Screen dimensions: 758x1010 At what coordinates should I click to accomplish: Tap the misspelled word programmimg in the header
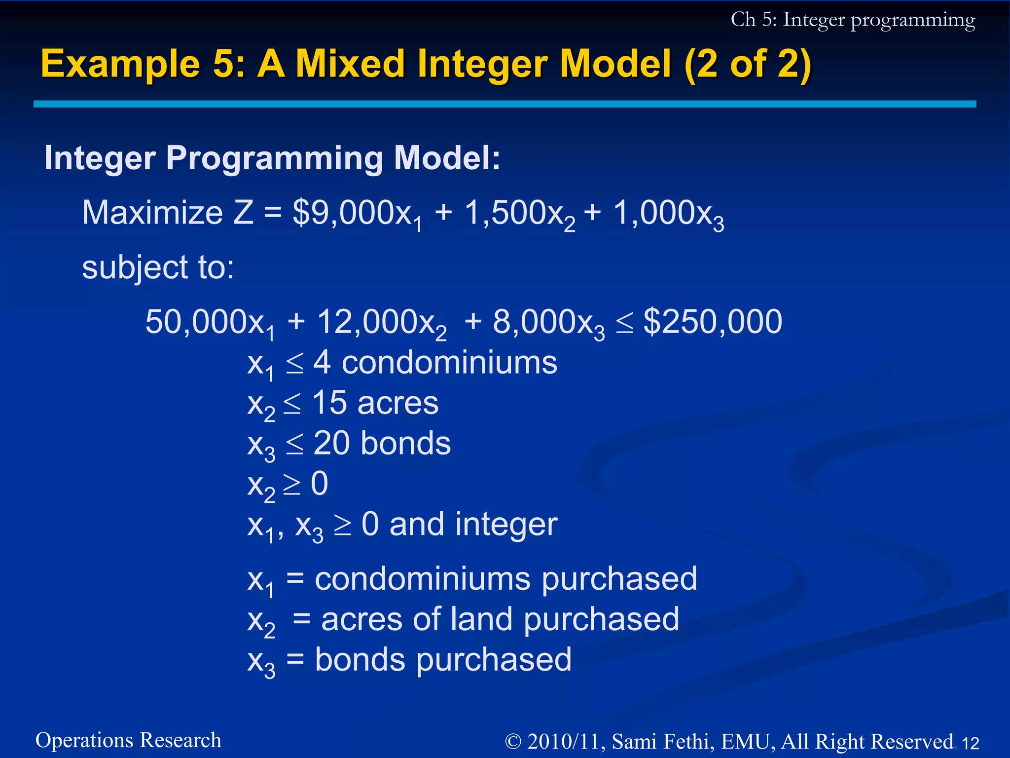[x=912, y=21]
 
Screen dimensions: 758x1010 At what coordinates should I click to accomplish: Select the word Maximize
[x=152, y=213]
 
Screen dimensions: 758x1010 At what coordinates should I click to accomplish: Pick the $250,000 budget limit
[x=713, y=322]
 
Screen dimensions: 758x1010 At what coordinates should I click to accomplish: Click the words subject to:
[x=158, y=267]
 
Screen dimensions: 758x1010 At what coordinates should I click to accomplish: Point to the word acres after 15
[x=397, y=403]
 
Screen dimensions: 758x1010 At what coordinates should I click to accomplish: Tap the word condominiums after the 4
[x=449, y=363]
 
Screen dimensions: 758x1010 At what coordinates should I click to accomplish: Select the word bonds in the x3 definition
[x=360, y=660]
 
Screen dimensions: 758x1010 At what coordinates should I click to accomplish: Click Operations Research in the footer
[x=128, y=740]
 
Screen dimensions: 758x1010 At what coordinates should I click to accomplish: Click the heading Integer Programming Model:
[x=272, y=158]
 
